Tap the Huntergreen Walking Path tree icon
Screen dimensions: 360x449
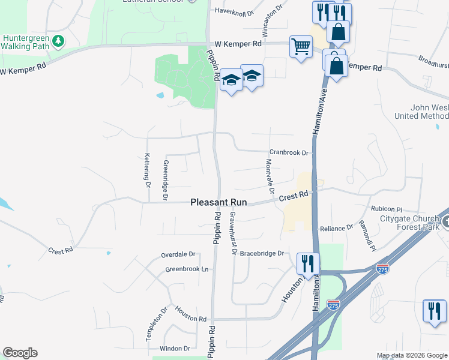[x=58, y=41]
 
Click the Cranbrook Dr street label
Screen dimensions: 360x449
[x=288, y=152]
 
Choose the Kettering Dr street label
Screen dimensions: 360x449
[x=146, y=170]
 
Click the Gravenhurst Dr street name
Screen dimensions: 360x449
[x=232, y=233]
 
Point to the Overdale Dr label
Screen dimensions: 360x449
[x=178, y=255]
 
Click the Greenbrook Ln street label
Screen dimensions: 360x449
[x=187, y=269]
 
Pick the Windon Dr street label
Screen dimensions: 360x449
[x=174, y=348]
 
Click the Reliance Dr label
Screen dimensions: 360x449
[x=336, y=228]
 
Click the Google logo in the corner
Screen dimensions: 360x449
[x=20, y=353]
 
